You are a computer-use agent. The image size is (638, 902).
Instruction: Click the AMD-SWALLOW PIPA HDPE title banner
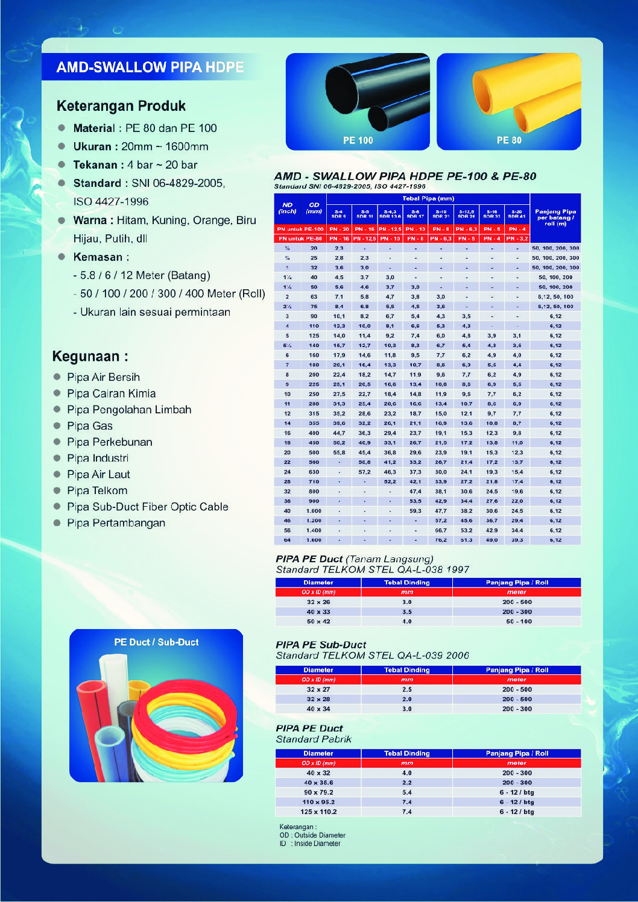(150, 67)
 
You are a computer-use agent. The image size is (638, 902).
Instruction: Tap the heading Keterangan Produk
(121, 106)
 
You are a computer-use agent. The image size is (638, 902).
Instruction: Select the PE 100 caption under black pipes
(358, 140)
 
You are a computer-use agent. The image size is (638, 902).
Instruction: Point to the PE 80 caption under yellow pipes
(509, 140)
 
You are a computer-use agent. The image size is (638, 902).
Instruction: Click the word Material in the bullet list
(93, 128)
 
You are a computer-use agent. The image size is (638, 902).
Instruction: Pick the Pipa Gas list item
(90, 426)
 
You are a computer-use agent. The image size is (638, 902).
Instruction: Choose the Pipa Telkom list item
(97, 490)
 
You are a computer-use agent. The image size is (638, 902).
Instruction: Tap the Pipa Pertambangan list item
(116, 523)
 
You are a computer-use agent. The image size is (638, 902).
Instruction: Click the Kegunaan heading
(90, 356)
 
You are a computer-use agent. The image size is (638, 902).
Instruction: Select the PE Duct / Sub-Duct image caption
(156, 642)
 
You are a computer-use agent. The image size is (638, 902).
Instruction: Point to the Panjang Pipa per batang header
(555, 217)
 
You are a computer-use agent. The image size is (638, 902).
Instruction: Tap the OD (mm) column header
(314, 208)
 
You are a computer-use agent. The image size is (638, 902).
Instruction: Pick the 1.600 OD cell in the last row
(314, 540)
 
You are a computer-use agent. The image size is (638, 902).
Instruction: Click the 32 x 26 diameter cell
(318, 602)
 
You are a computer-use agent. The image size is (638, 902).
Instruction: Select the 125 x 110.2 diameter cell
(318, 812)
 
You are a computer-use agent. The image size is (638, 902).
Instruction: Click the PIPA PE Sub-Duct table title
(321, 645)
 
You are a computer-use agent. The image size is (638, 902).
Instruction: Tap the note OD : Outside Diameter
(312, 835)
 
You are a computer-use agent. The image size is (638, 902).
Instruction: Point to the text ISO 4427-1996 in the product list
(111, 202)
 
